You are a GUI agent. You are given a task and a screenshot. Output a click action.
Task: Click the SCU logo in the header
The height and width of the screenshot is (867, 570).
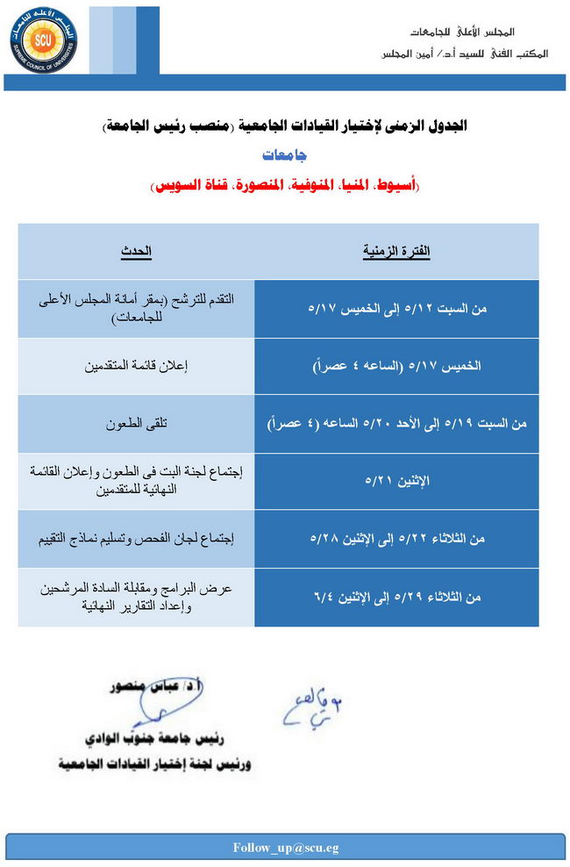44,39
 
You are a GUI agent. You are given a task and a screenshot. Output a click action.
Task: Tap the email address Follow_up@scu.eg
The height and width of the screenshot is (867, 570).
285,848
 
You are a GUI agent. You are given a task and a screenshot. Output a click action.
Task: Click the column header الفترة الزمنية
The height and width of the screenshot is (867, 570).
396,252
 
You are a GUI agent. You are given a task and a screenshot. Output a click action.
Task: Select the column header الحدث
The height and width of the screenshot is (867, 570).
136,252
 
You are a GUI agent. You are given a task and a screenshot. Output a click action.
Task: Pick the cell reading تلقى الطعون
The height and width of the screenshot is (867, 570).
136,423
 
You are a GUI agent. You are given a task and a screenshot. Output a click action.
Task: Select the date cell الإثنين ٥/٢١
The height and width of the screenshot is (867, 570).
396,481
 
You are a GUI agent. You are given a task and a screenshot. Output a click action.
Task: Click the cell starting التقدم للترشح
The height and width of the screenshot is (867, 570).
136,310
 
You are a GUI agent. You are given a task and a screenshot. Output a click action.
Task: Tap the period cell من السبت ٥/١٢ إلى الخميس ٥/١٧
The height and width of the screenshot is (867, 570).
396,310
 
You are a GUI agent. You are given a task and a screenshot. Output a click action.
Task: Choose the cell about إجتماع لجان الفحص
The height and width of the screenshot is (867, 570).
136,538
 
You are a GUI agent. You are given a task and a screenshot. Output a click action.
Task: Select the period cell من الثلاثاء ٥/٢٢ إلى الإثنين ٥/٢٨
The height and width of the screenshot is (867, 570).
396,538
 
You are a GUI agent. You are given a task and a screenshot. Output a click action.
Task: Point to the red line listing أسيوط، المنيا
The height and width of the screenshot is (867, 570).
285,185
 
